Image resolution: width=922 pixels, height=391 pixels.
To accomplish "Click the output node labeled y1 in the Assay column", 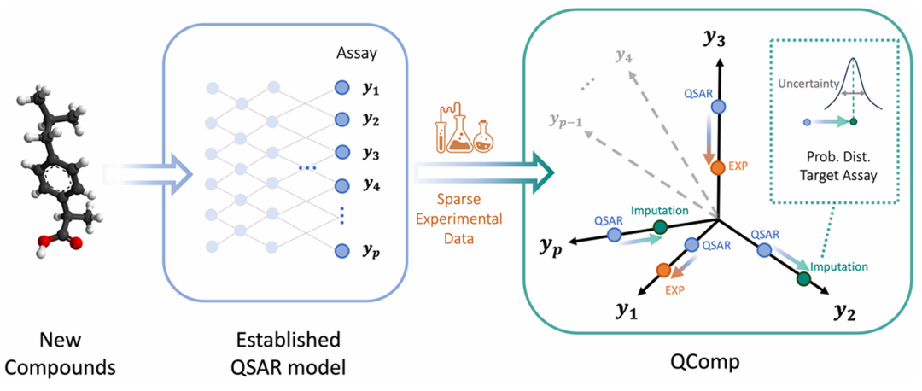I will (341, 87).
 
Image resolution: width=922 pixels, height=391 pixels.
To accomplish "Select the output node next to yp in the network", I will (341, 251).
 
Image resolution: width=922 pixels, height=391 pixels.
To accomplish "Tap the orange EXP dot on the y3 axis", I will (718, 167).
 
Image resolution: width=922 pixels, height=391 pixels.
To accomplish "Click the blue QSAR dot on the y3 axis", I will (718, 106).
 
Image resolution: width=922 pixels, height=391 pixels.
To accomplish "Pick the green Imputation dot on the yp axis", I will (660, 226).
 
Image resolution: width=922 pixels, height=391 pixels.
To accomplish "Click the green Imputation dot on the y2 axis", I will (803, 277).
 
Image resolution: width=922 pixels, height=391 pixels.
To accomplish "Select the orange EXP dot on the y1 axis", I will (662, 271).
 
